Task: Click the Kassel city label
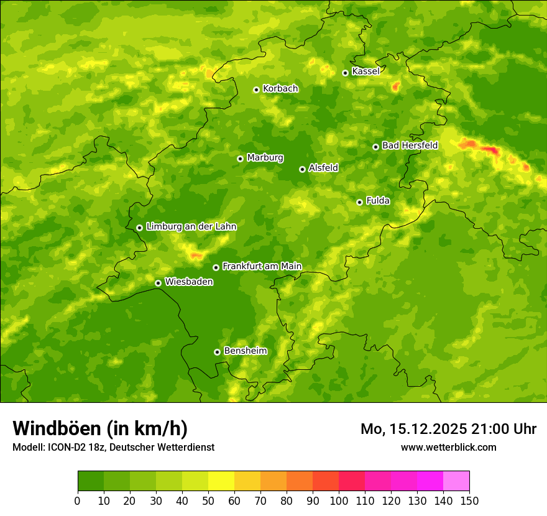365,71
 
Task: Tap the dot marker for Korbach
256,90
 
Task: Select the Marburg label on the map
265,157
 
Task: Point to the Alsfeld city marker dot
302,169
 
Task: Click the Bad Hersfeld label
410,145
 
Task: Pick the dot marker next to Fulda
359,202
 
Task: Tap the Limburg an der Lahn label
191,227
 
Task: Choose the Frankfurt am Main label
262,266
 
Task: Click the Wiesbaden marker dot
158,283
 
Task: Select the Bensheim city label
245,351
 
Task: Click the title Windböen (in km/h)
100,428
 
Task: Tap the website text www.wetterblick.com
448,447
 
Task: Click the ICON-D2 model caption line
113,447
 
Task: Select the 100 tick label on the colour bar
339,501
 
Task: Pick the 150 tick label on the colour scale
469,501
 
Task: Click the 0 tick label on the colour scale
78,501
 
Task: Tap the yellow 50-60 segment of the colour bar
221,481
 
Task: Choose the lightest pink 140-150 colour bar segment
456,481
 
